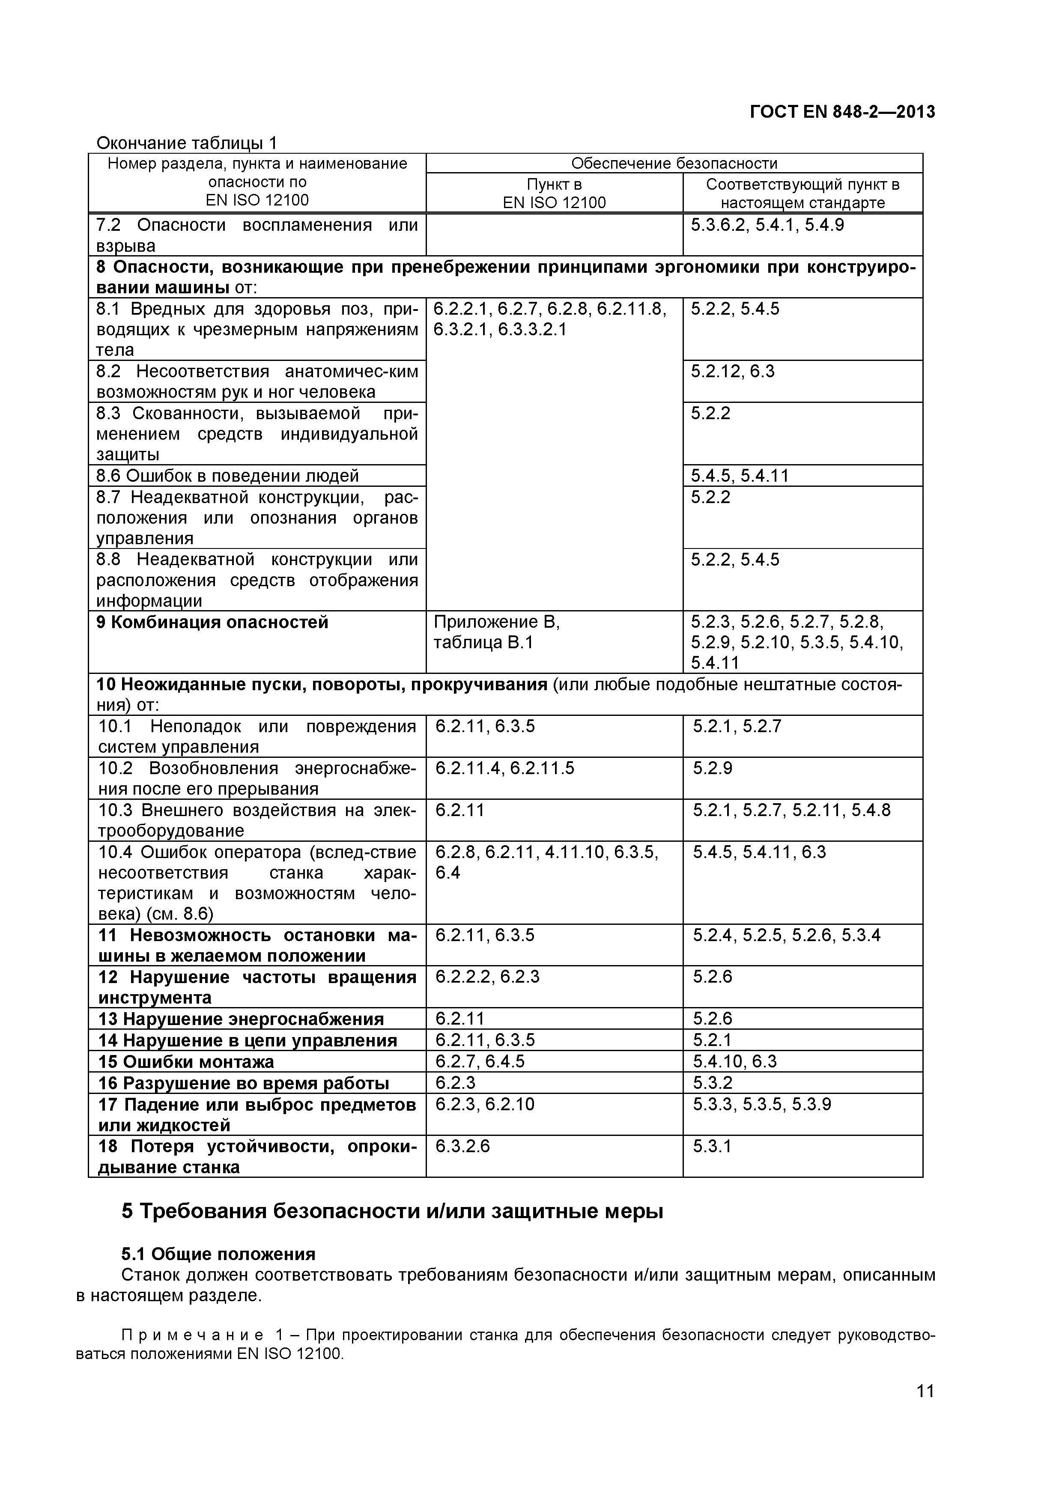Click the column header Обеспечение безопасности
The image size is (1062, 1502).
click(674, 163)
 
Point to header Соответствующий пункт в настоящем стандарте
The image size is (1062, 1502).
click(802, 193)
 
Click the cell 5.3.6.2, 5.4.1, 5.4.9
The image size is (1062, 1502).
click(767, 225)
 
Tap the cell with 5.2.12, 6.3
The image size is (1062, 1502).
click(732, 372)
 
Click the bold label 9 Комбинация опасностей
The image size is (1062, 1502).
click(212, 622)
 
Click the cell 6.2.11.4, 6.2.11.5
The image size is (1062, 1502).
click(504, 768)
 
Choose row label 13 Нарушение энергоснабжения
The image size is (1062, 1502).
click(241, 1019)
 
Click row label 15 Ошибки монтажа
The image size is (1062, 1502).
click(186, 1061)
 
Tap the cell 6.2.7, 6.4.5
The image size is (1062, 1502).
click(480, 1061)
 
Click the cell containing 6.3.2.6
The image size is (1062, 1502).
click(462, 1146)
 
